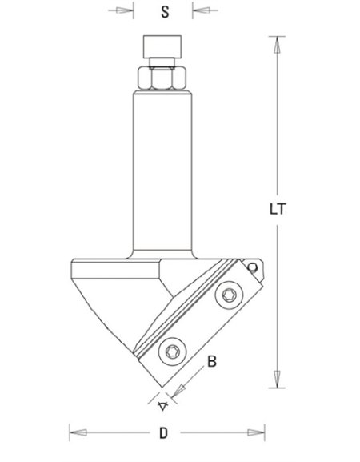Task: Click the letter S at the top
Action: point(164,13)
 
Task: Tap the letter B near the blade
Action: point(213,363)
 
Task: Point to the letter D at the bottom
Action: point(163,435)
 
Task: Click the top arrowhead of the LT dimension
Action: point(276,43)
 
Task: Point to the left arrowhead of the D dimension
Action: point(76,436)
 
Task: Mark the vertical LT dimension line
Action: point(276,144)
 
